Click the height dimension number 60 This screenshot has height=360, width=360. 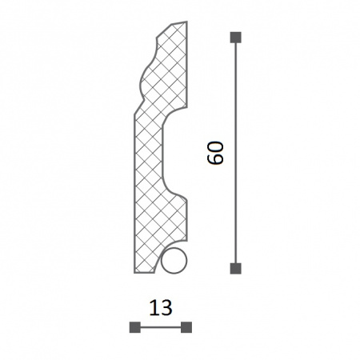click(215, 153)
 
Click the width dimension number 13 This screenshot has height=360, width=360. click(161, 308)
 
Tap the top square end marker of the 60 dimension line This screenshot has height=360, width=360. click(235, 38)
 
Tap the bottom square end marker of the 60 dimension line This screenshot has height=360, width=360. click(235, 269)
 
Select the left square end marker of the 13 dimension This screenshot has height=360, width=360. click(135, 327)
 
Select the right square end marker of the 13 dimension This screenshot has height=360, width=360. click(186, 327)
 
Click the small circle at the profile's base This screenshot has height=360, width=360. click(174, 261)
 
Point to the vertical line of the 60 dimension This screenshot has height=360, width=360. click(235, 153)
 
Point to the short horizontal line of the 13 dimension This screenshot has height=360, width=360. click(161, 327)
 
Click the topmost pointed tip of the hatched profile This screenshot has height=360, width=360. click(186, 22)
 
